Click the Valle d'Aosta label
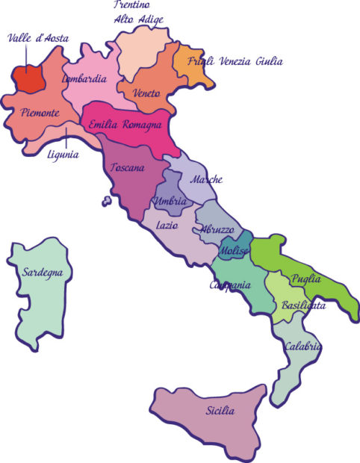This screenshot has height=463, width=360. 37,38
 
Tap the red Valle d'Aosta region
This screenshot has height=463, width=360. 30,77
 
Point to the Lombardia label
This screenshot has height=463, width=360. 84,78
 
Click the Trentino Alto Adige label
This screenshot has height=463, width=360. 140,12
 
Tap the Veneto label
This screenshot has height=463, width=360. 147,93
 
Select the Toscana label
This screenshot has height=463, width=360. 127,168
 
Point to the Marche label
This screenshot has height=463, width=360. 205,180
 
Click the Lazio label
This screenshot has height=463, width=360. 166,224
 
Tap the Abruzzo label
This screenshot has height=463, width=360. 217,230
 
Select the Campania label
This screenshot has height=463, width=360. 229,286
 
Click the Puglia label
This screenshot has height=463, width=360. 307,279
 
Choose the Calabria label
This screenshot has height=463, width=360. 302,347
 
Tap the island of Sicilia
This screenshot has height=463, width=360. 217,418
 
